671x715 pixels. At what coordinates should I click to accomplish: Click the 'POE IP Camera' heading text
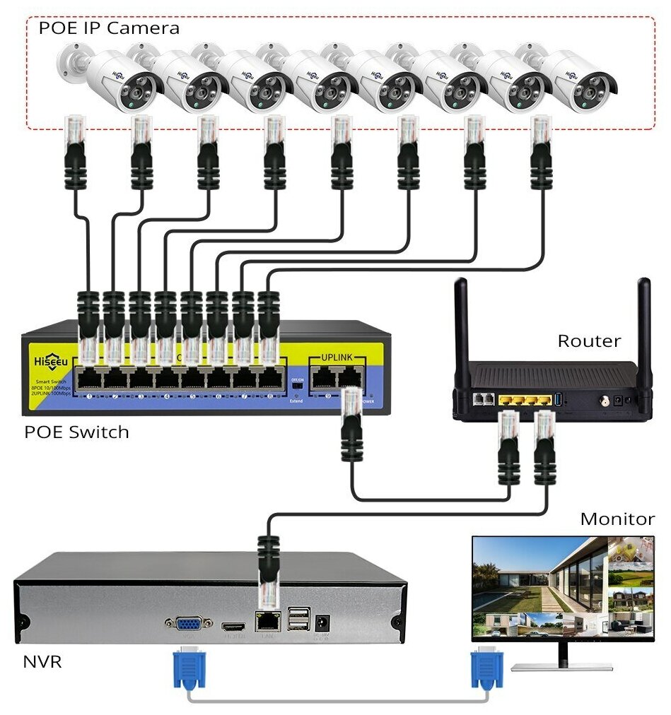[109, 28]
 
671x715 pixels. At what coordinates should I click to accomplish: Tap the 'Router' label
[589, 341]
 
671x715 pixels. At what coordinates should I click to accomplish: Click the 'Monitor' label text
[617, 519]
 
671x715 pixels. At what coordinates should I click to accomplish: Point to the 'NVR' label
[42, 662]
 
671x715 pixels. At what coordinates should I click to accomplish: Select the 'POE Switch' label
[77, 431]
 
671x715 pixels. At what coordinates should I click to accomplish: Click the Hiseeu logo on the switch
[48, 361]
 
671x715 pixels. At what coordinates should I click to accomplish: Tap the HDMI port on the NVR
[233, 627]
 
